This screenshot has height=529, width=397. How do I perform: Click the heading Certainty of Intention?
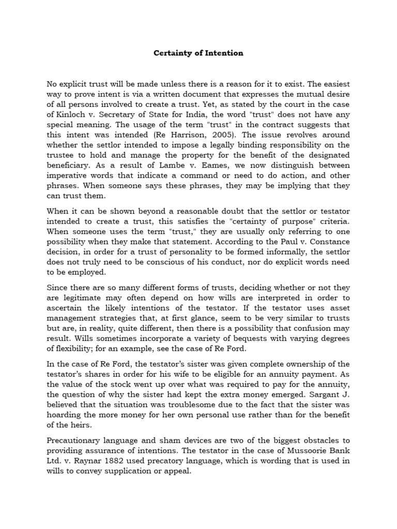pyautogui.click(x=198, y=53)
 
